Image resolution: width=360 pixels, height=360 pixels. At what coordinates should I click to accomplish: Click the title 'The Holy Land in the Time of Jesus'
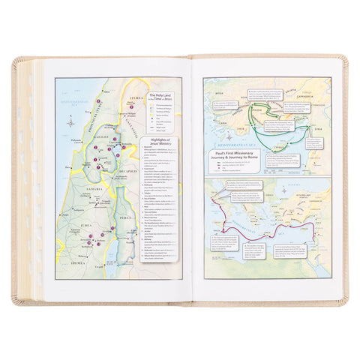point(160,98)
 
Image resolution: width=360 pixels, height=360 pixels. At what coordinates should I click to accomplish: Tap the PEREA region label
point(124,217)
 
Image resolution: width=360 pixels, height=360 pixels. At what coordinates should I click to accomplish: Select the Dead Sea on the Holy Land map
point(113,240)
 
